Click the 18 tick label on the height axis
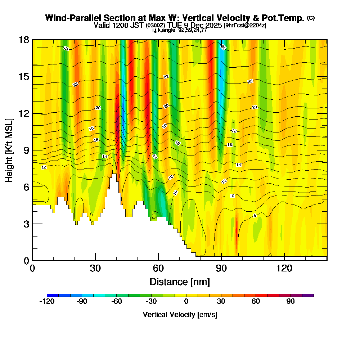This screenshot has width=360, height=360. pos(23,40)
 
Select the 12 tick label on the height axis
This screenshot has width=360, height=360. pos(23,113)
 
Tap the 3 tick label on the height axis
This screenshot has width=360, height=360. pos(26,224)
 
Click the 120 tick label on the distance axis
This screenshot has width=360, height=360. pos(284,269)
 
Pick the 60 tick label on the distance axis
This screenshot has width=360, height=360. pos(158,269)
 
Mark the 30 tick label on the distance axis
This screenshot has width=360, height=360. pos(95,269)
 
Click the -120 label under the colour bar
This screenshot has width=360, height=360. pos(46,302)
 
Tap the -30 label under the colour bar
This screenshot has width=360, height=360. pos(151,302)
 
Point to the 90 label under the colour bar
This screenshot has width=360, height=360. pos(291,302)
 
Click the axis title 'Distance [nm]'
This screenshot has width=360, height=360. pos(180,282)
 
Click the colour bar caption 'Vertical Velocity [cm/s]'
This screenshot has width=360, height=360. pos(180,315)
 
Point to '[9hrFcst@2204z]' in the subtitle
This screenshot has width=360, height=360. pos(245,26)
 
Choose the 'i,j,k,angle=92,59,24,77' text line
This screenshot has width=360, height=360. pos(180,30)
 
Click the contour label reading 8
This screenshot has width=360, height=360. pos(255,216)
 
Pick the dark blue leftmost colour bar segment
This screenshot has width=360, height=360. pos(53,295)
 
